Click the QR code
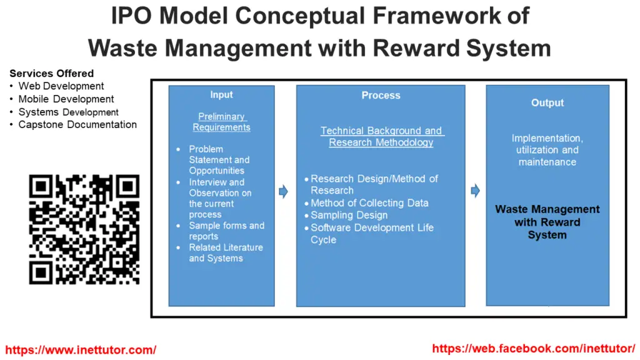(x=84, y=229)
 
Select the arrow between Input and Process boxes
(x=284, y=192)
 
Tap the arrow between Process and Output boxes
(x=476, y=191)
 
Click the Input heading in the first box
(x=221, y=95)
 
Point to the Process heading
(x=381, y=96)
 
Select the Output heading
(x=547, y=103)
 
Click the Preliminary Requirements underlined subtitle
(x=221, y=122)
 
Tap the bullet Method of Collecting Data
(x=369, y=202)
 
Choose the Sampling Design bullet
(x=349, y=215)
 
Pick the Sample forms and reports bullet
(x=226, y=231)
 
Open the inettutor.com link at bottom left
(x=81, y=350)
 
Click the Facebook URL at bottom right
(x=533, y=349)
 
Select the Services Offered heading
(x=52, y=73)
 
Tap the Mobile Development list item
(x=66, y=99)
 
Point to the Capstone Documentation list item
(x=77, y=124)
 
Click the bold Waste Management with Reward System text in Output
(x=547, y=222)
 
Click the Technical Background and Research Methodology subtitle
(x=381, y=136)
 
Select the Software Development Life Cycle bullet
(x=372, y=234)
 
